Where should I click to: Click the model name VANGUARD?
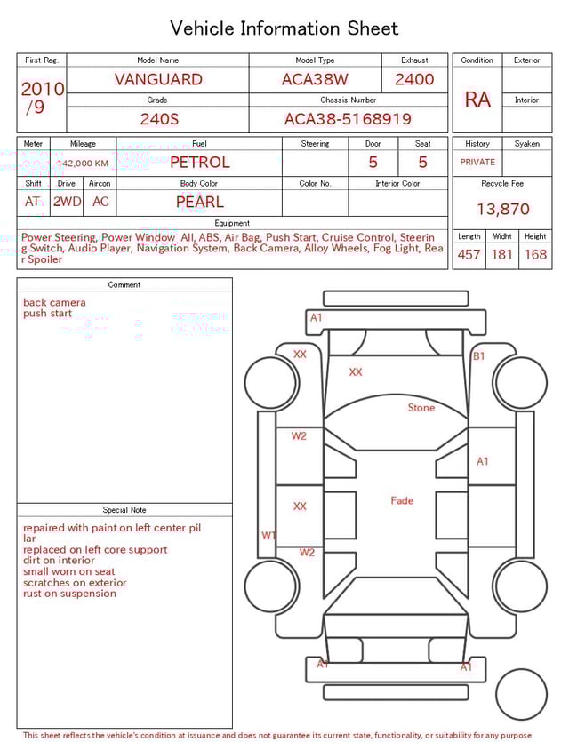tap(157, 79)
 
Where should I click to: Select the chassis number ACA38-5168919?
tap(348, 119)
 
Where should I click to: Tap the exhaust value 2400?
tap(414, 79)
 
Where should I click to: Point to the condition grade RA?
tap(477, 100)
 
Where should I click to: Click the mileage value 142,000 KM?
tap(84, 164)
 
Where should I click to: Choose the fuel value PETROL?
tap(199, 163)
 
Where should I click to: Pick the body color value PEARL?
tap(199, 202)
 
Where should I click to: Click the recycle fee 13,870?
tap(502, 210)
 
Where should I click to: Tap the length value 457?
tap(469, 255)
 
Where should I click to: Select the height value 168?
tap(535, 255)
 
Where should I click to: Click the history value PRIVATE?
tap(477, 163)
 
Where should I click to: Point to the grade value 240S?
tap(157, 119)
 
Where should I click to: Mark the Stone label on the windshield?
tap(421, 408)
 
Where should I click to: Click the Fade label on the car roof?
tap(402, 501)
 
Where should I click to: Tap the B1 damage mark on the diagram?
tap(478, 356)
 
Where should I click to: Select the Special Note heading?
tap(124, 510)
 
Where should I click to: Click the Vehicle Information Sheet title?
tap(284, 28)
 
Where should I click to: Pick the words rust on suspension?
tap(69, 594)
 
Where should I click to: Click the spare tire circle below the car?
tap(521, 694)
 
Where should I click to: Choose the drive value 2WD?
tap(67, 202)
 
